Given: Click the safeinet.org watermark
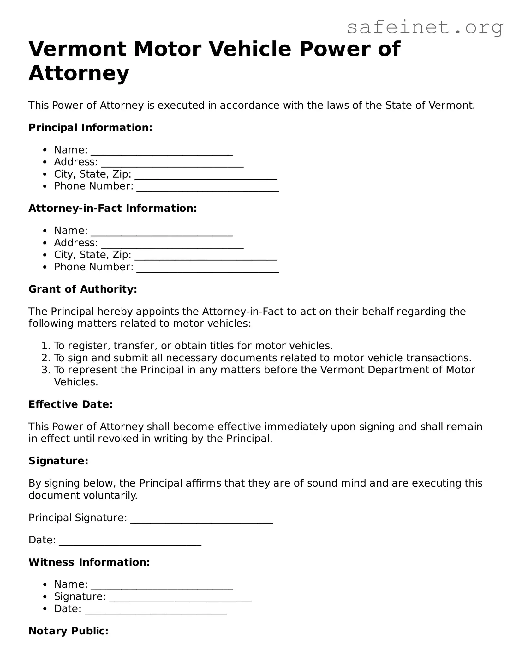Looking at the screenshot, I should [x=425, y=27].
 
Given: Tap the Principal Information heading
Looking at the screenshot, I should [x=90, y=128].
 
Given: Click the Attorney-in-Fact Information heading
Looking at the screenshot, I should [x=113, y=208].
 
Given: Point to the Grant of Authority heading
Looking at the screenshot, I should [x=83, y=289].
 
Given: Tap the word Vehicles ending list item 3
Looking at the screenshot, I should [x=76, y=382].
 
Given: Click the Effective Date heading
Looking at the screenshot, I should [x=71, y=404].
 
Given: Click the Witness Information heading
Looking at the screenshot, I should [x=89, y=562].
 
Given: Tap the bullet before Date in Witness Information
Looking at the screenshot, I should [x=46, y=609].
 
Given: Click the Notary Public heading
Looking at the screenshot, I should [x=69, y=631].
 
